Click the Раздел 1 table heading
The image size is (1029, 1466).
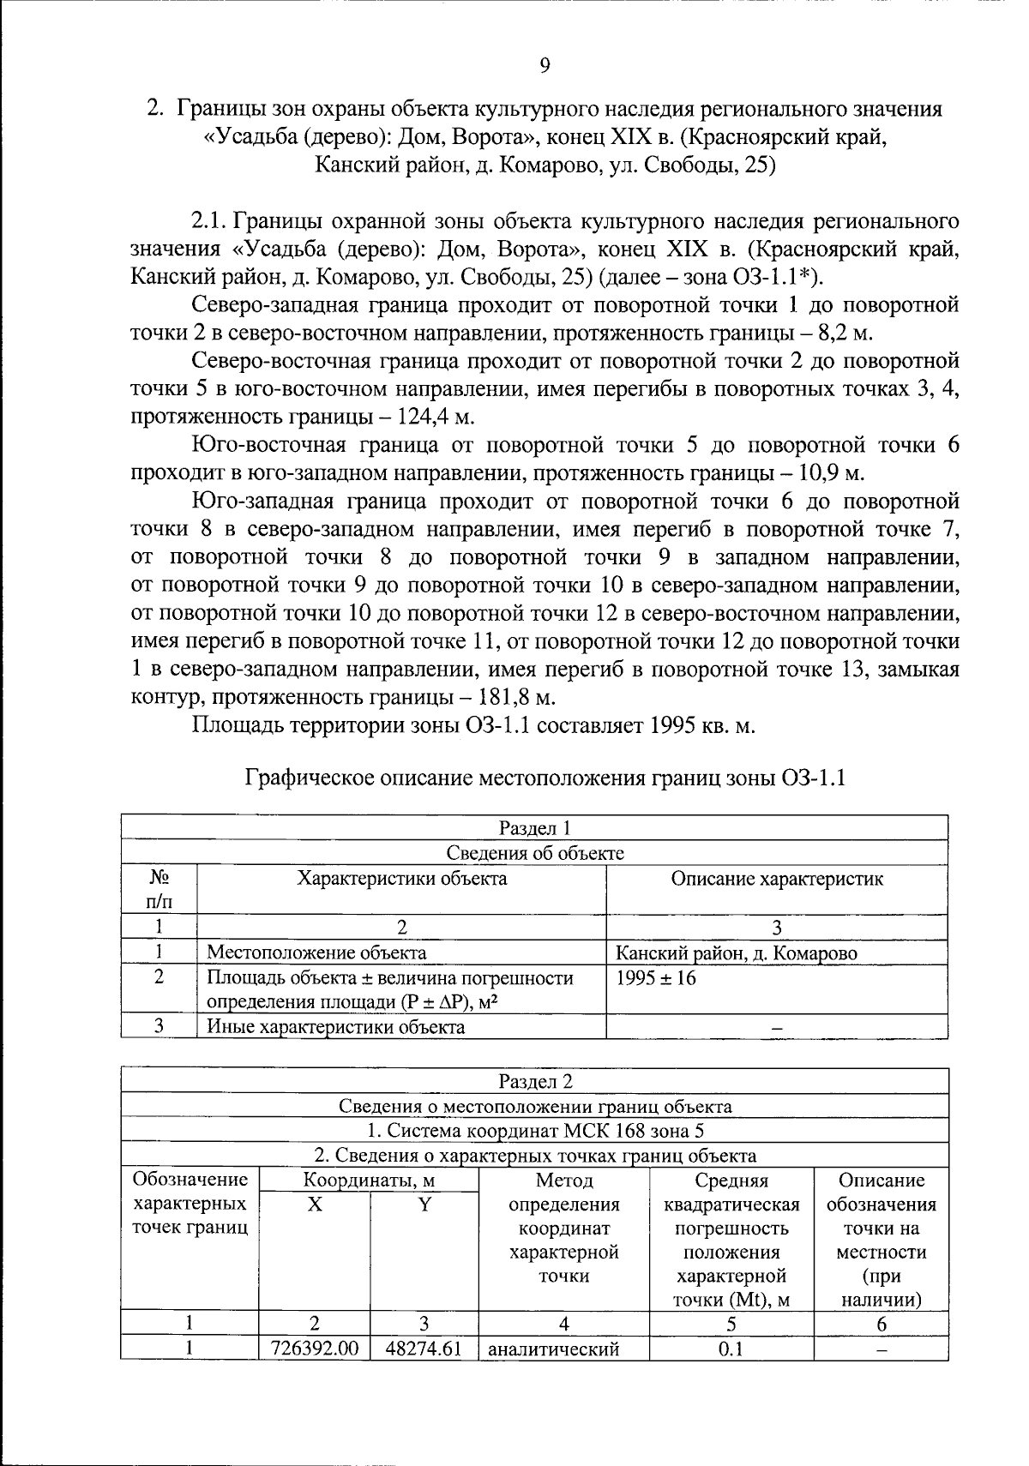(x=534, y=827)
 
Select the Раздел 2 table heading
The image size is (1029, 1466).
(x=534, y=1081)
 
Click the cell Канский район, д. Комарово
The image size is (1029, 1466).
(x=737, y=952)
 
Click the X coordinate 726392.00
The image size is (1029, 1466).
(x=314, y=1349)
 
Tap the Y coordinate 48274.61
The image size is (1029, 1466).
(x=424, y=1349)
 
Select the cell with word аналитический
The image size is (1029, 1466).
(x=553, y=1349)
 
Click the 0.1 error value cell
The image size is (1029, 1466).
(x=730, y=1349)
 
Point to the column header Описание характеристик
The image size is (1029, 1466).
(x=776, y=879)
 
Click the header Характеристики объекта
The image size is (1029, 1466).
(x=401, y=879)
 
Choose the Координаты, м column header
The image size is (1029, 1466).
(x=369, y=1181)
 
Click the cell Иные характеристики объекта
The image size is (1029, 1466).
(x=336, y=1026)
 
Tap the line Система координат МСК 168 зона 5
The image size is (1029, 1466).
(x=534, y=1131)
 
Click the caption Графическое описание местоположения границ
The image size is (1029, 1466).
(x=545, y=778)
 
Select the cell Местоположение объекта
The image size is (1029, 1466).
(x=316, y=952)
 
